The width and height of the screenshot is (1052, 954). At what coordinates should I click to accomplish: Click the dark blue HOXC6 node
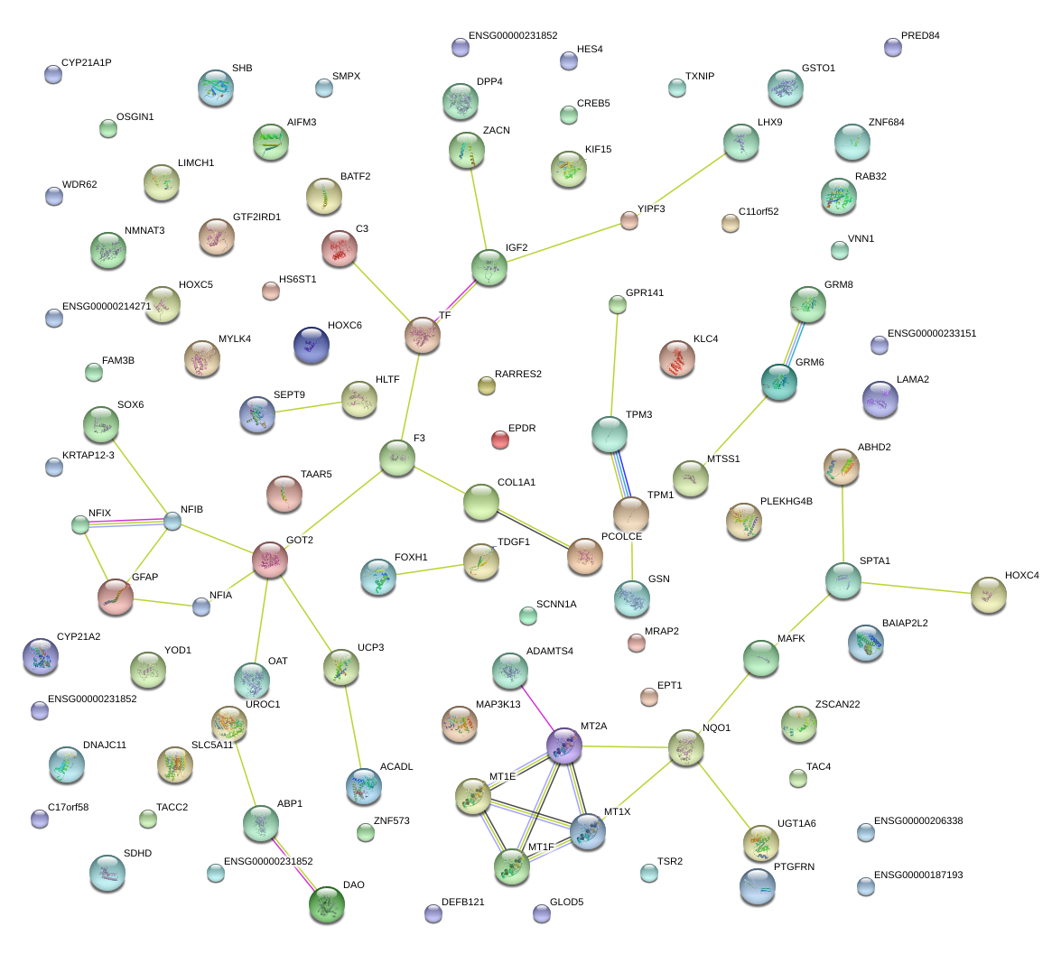point(312,345)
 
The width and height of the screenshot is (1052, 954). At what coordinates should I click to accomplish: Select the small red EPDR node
point(500,440)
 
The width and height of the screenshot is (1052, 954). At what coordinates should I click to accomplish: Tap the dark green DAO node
point(327,904)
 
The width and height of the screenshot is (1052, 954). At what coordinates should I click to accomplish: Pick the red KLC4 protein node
point(677,358)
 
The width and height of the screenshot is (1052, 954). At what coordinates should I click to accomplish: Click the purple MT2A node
point(564,746)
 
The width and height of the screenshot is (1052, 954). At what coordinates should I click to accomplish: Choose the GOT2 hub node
point(270,560)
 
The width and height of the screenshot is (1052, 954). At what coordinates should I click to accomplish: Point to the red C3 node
point(340,248)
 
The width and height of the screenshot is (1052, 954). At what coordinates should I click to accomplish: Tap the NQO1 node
point(685,747)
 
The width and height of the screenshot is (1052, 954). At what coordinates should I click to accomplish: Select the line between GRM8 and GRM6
point(794,343)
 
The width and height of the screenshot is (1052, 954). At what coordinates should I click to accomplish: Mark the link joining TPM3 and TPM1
point(620,475)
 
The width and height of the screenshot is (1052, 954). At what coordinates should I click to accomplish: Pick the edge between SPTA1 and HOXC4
point(917,588)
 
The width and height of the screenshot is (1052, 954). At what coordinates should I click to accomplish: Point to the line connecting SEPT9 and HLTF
point(309,407)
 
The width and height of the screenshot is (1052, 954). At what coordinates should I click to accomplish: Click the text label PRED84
point(920,35)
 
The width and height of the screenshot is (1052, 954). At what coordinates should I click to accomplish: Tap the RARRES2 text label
point(518,374)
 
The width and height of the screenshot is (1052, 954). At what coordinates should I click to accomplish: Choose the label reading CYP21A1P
point(87,62)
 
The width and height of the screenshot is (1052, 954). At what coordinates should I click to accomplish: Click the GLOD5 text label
point(566,902)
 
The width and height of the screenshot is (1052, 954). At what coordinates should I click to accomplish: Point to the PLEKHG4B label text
point(787,502)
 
